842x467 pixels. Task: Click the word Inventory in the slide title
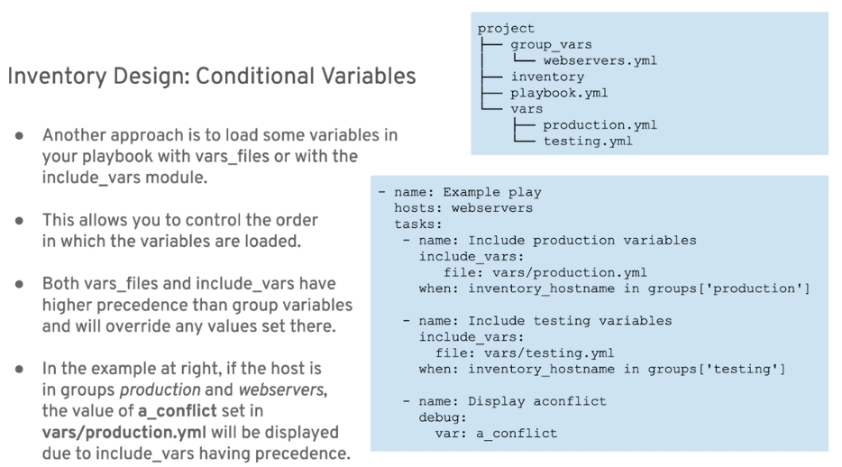(57, 77)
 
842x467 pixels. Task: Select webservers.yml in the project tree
(599, 60)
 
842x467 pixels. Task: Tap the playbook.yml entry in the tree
(559, 93)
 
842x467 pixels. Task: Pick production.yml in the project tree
(599, 125)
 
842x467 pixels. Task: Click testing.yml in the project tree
(588, 142)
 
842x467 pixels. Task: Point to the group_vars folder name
(551, 45)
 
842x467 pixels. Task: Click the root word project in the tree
(506, 29)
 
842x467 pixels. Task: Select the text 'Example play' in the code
(492, 192)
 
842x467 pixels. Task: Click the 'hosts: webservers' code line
(463, 208)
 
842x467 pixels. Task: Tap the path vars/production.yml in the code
(569, 272)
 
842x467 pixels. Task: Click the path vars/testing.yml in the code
(549, 353)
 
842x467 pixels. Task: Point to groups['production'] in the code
(728, 288)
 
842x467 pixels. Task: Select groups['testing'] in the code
(717, 370)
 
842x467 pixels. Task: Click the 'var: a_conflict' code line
(496, 434)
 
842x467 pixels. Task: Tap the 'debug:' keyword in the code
(443, 417)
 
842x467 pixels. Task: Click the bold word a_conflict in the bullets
(178, 411)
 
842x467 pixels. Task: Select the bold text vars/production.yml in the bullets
(124, 433)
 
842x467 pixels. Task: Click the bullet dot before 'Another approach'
(19, 135)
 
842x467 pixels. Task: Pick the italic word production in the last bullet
(160, 390)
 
